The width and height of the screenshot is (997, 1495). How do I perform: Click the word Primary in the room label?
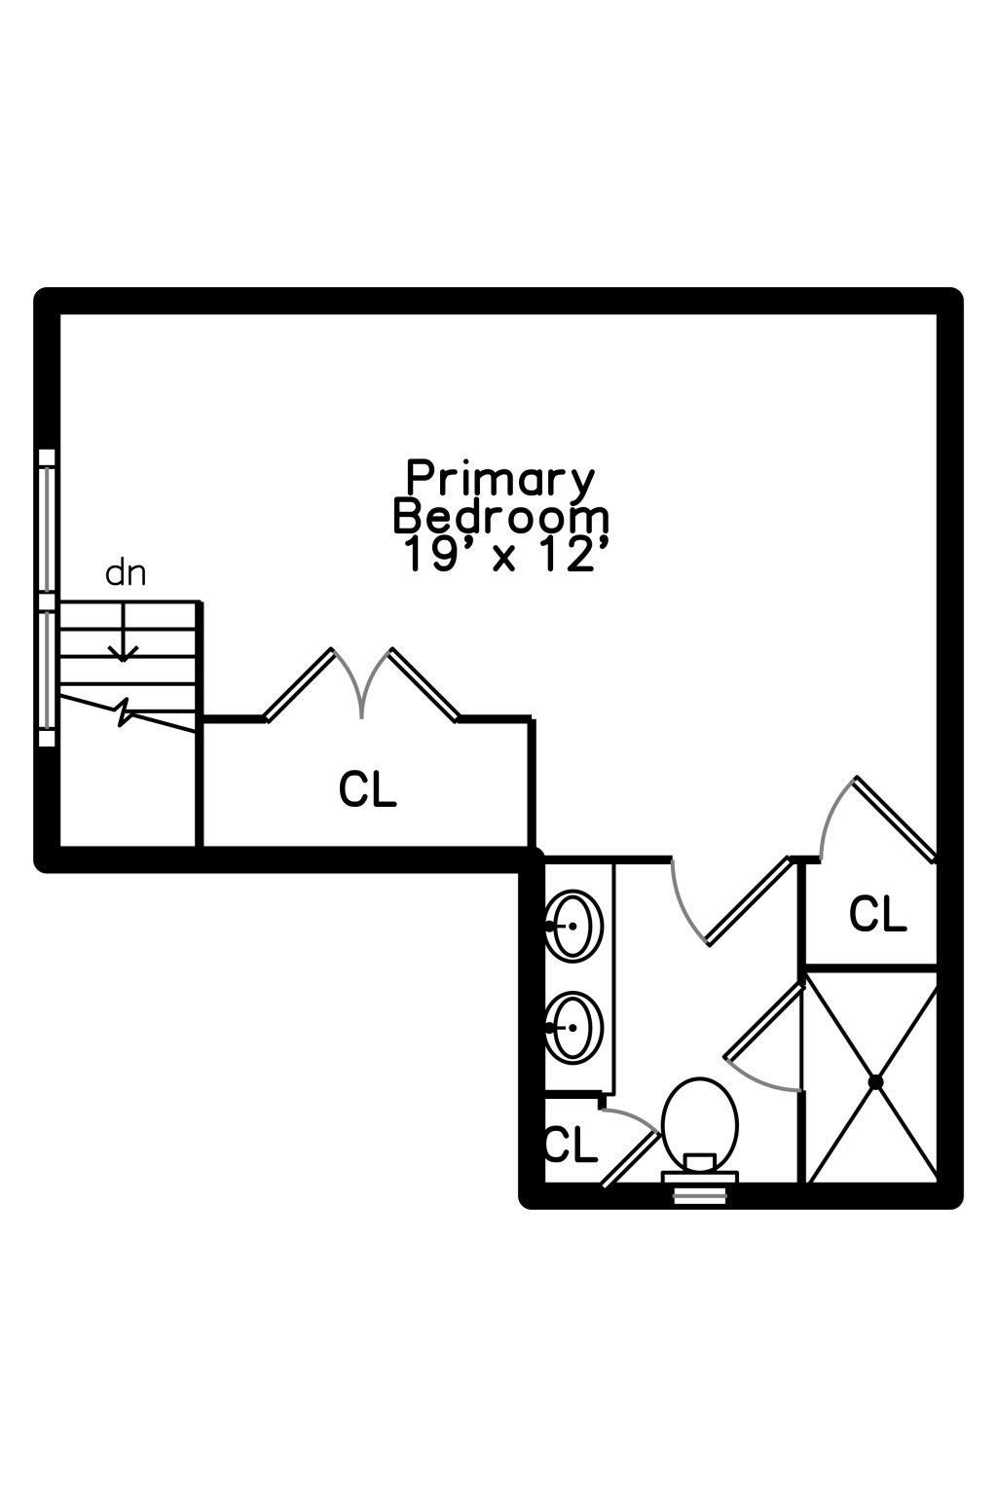point(499,479)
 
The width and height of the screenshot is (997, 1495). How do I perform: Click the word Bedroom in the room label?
point(500,517)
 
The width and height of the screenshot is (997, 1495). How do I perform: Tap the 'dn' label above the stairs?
point(126,573)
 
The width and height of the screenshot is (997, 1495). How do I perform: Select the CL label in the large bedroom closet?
point(368,789)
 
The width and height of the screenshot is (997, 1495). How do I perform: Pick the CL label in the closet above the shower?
point(877,914)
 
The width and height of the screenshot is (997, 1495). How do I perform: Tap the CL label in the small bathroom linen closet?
point(571,1146)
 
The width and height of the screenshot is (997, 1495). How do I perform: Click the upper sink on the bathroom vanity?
point(573,925)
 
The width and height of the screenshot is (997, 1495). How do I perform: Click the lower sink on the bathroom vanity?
point(573,1027)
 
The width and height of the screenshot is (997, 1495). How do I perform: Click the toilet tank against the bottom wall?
point(699,1176)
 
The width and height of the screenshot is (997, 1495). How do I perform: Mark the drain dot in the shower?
point(875,1081)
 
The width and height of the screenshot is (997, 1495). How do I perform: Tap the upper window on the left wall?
point(47,523)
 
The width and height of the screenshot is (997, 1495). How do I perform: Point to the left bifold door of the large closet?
point(299,685)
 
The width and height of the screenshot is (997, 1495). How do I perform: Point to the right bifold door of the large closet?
point(425,685)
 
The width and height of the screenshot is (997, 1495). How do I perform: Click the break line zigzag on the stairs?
point(125,711)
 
